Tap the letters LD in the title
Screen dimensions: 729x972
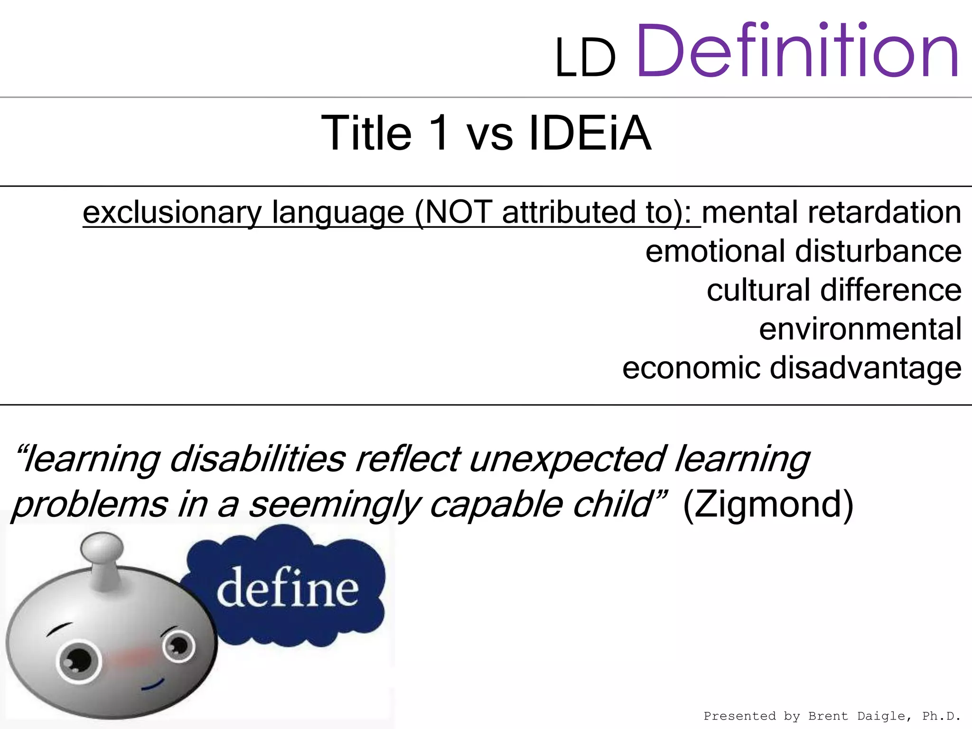coord(585,59)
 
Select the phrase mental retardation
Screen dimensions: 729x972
coord(832,212)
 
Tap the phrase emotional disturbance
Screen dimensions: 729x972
coord(803,251)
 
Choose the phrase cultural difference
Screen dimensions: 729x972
coord(834,290)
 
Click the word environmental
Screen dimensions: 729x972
coord(860,329)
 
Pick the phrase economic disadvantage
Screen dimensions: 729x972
coord(792,368)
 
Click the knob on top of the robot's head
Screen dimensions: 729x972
coord(102,551)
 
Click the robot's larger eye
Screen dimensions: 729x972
coord(79,661)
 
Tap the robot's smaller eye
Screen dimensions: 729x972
coord(179,646)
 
